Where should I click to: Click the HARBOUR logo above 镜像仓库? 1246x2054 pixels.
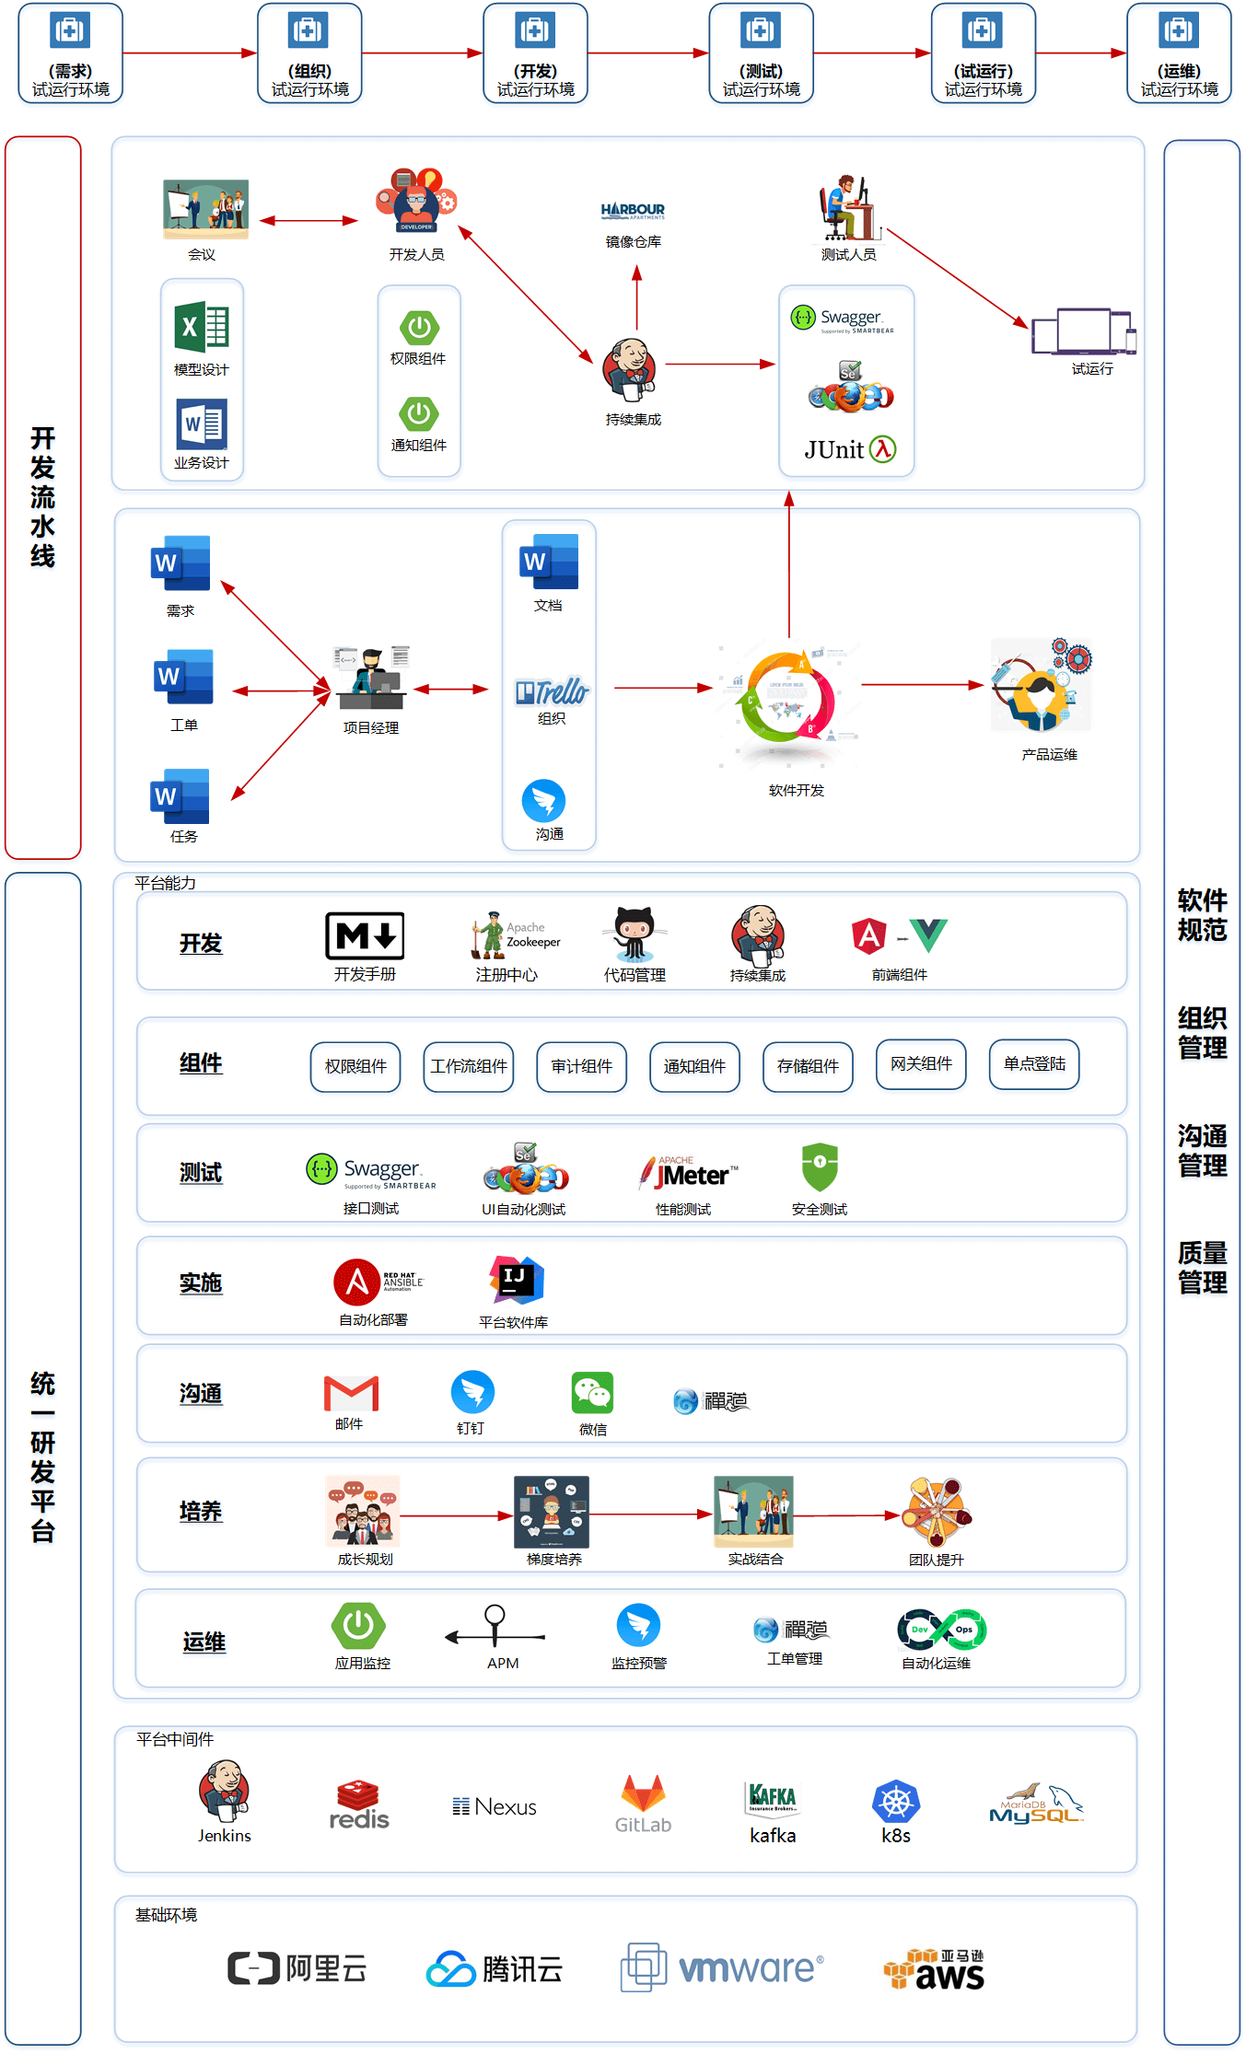(633, 211)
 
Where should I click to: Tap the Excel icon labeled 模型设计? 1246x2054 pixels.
(202, 328)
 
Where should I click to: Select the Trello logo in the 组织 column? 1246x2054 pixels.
(552, 691)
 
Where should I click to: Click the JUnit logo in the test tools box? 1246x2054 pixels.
(849, 449)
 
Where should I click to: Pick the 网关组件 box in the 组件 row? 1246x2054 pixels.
(921, 1064)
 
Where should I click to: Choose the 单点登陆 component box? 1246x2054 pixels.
(1034, 1064)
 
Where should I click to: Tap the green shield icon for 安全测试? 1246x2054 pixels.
(820, 1167)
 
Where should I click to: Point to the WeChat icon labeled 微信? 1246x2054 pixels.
(593, 1394)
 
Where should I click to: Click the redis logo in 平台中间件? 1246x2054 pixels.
(359, 1805)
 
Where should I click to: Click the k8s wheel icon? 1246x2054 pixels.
(895, 1803)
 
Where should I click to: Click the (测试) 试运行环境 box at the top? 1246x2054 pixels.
(761, 53)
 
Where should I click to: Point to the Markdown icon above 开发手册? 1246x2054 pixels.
(365, 935)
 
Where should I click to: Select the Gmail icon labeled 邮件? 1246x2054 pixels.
(351, 1394)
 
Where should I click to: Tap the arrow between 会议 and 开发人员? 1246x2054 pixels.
(309, 221)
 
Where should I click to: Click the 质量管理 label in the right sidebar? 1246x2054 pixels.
(1202, 1268)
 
